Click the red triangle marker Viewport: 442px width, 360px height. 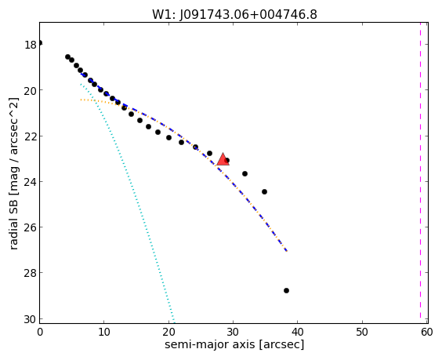point(223,159)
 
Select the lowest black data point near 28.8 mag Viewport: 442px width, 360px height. point(286,291)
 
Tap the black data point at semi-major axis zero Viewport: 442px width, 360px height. point(40,43)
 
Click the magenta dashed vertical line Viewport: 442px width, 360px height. point(420,173)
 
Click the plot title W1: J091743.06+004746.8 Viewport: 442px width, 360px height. point(234,14)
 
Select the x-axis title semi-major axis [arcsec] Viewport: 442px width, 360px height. point(234,345)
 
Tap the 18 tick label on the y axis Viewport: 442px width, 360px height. point(30,45)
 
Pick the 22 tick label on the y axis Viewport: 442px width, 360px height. point(30,136)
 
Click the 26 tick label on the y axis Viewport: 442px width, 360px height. point(30,227)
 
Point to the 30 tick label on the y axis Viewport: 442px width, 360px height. point(30,320)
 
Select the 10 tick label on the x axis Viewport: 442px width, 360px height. point(104,333)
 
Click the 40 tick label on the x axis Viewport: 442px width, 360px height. point(297,333)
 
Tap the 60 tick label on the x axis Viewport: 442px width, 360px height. point(427,333)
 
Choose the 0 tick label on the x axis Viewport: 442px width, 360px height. point(40,333)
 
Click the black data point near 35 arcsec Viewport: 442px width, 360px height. point(264,192)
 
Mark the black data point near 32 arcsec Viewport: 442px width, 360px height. point(245,173)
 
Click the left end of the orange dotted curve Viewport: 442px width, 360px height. point(81,100)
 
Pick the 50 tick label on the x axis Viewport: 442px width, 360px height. point(362,333)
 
